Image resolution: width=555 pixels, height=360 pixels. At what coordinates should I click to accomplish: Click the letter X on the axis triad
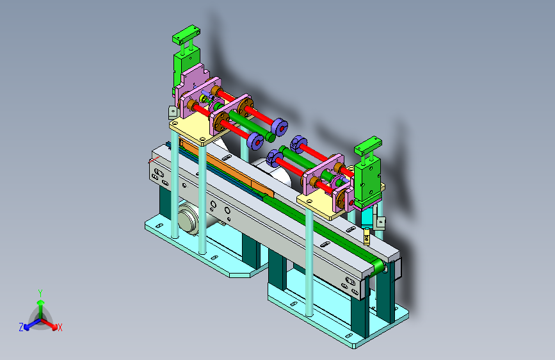tap(60, 327)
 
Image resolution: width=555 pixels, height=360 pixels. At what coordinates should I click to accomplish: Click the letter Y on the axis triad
tap(40, 293)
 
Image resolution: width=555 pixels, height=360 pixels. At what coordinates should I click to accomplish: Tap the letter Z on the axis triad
tap(21, 327)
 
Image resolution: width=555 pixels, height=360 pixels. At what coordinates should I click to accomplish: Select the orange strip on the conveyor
tap(227, 168)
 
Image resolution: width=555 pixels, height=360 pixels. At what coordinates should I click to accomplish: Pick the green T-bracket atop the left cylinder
tap(186, 35)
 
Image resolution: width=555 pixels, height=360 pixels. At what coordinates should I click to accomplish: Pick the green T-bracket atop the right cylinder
tap(369, 146)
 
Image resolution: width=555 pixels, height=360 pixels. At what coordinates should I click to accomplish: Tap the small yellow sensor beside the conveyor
tap(367, 236)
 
